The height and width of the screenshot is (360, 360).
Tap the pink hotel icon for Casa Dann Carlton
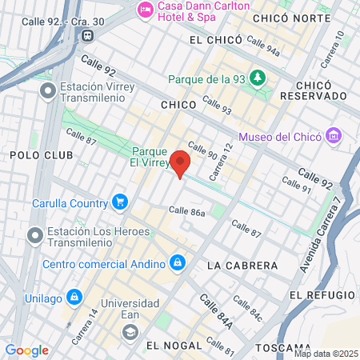pyautogui.click(x=146, y=10)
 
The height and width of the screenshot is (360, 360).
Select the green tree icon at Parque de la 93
pyautogui.click(x=258, y=78)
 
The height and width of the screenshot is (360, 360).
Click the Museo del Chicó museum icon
pyautogui.click(x=334, y=137)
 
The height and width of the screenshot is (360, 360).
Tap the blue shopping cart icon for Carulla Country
pyautogui.click(x=120, y=202)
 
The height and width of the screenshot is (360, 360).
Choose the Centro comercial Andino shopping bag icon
pyautogui.click(x=178, y=262)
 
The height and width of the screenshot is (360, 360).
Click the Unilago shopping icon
pyautogui.click(x=74, y=297)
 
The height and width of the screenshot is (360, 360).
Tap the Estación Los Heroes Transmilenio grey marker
pyautogui.click(x=34, y=235)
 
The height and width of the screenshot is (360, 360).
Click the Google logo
pyautogui.click(x=26, y=350)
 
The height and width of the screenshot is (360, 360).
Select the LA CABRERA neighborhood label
pyautogui.click(x=242, y=265)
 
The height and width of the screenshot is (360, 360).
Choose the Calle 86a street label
pyautogui.click(x=186, y=212)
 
